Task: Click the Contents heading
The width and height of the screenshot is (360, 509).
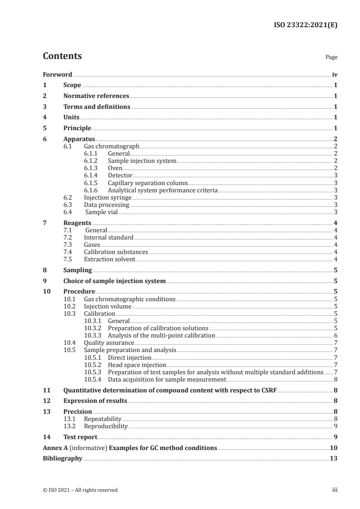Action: (62, 56)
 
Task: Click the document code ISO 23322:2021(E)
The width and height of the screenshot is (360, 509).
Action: (307, 25)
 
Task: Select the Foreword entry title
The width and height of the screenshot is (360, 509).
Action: (57, 74)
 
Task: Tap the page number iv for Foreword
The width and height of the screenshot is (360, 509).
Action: (335, 74)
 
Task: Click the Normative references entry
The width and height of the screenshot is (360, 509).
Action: (96, 96)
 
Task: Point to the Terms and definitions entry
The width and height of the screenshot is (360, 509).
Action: (97, 107)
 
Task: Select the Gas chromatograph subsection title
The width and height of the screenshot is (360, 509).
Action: (111, 147)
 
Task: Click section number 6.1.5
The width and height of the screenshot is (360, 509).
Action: (92, 183)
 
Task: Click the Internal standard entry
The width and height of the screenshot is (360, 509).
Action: (108, 237)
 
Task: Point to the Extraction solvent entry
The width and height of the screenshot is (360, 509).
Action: (109, 259)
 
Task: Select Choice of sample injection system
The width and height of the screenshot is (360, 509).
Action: (114, 281)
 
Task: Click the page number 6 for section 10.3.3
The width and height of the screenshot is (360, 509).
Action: (335, 335)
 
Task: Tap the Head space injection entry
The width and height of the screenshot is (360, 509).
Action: (137, 364)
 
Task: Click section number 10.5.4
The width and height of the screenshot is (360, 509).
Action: (93, 379)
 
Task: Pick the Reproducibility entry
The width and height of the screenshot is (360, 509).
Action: (106, 426)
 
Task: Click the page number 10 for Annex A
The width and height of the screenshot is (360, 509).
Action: (334, 448)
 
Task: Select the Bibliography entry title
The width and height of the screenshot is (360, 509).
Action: (62, 459)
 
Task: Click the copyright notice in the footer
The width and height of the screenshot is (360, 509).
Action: (80, 490)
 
